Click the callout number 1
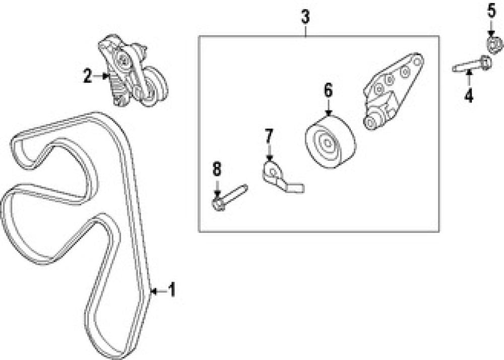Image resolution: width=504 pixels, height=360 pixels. [172, 290]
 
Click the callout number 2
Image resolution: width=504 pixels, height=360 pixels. [88, 76]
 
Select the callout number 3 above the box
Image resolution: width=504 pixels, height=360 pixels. [305, 17]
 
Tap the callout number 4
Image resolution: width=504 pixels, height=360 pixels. [469, 95]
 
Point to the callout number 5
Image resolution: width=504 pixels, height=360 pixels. [491, 11]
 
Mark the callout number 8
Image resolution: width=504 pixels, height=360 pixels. [217, 169]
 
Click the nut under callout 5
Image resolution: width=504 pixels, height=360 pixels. [494, 44]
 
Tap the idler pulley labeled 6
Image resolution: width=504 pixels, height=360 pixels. [330, 142]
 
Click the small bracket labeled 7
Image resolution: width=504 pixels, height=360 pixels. [280, 177]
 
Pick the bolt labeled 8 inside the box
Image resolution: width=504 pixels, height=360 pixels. [229, 198]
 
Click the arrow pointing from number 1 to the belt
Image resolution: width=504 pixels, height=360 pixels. [158, 291]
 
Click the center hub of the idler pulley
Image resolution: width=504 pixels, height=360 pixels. [327, 142]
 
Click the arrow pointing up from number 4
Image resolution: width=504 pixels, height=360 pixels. [469, 78]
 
